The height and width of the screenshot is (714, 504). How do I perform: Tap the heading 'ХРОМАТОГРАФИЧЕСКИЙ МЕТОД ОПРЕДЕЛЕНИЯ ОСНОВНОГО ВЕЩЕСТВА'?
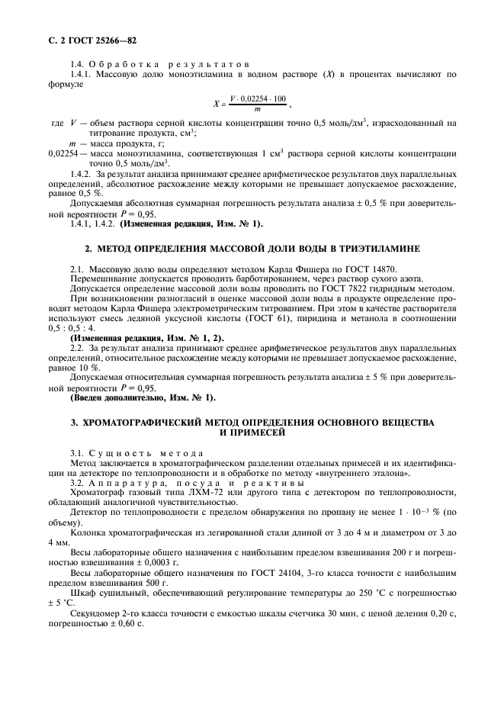[252, 422]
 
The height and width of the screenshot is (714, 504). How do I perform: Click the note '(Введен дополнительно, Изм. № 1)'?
[143, 397]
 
